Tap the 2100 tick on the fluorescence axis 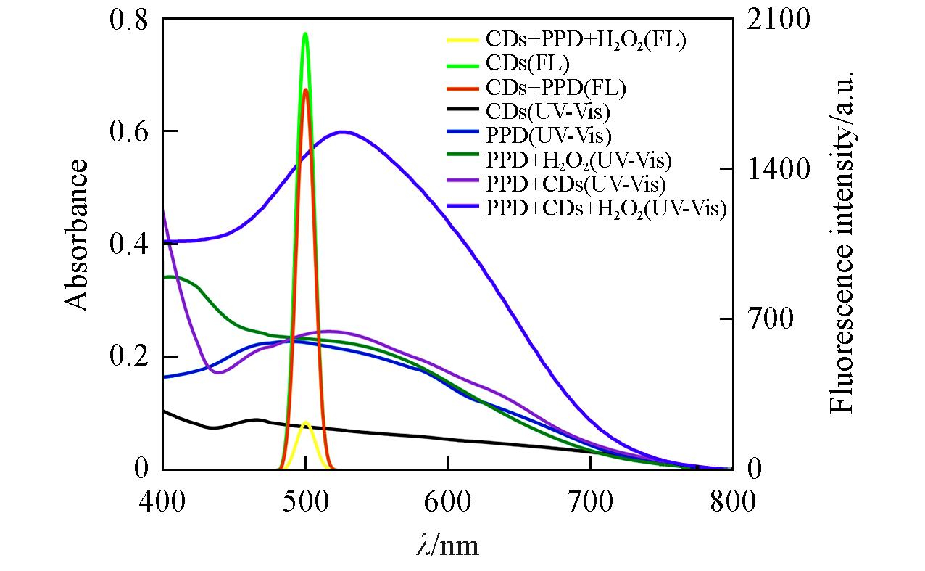(773, 20)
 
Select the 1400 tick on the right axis (773, 170)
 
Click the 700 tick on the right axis (766, 319)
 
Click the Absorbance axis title (78, 236)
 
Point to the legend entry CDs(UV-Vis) (548, 112)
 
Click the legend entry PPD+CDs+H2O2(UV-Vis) (606, 208)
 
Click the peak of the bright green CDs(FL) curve (305, 33)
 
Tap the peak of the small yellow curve (305, 422)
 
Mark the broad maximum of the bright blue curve (343, 132)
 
